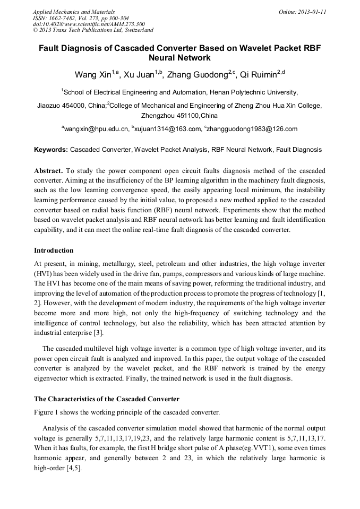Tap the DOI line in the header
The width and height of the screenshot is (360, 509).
(x=88, y=24)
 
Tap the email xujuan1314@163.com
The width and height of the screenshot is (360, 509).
(x=168, y=129)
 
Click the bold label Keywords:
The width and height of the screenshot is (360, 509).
(x=51, y=150)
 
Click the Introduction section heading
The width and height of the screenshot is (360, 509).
(x=54, y=250)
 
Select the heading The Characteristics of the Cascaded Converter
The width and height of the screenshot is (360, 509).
(x=107, y=399)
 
